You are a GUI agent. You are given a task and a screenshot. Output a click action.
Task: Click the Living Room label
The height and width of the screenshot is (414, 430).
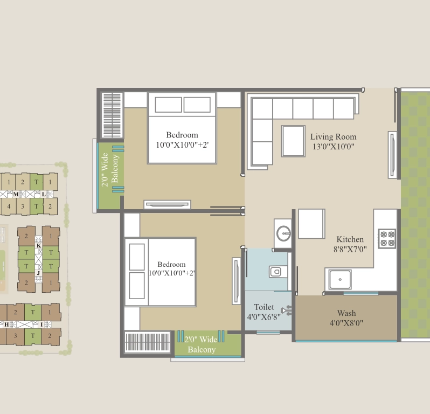pyautogui.click(x=333, y=136)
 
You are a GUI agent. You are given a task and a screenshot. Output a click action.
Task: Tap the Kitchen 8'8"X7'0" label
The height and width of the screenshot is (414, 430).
pyautogui.click(x=350, y=244)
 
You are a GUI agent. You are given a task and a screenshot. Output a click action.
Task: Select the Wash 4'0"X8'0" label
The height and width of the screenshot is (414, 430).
pyautogui.click(x=346, y=318)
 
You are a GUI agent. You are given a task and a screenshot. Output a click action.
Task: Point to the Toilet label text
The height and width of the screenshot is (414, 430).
pyautogui.click(x=264, y=307)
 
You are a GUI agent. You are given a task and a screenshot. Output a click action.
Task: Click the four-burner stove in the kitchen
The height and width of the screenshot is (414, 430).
pyautogui.click(x=387, y=238)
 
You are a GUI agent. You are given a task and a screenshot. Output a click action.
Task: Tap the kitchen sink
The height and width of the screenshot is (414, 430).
pyautogui.click(x=340, y=279)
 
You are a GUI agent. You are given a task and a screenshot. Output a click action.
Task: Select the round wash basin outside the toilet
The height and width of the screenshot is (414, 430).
pyautogui.click(x=283, y=233)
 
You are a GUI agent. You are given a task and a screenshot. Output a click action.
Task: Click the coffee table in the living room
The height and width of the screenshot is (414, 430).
pyautogui.click(x=293, y=141)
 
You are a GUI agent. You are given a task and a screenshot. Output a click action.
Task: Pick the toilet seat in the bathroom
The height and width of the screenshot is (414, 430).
pyautogui.click(x=275, y=272)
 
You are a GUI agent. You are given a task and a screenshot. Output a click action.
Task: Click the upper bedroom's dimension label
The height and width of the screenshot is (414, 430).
pyautogui.click(x=182, y=145)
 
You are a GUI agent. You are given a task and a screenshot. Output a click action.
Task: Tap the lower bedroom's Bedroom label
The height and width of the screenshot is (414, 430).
pyautogui.click(x=171, y=264)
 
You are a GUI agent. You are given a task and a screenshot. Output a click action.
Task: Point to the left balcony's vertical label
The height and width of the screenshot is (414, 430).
pyautogui.click(x=110, y=169)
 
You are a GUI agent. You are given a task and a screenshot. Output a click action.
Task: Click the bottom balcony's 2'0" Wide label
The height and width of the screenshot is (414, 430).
pyautogui.click(x=201, y=340)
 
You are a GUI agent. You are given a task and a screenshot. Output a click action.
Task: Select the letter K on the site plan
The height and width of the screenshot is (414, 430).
pyautogui.click(x=39, y=245)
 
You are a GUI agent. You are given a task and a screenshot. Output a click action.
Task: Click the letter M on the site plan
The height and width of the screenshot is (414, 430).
pyautogui.click(x=16, y=194)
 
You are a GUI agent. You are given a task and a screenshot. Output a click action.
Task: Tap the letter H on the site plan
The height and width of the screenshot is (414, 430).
pyautogui.click(x=6, y=325)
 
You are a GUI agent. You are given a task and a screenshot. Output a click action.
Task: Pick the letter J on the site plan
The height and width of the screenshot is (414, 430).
pyautogui.click(x=38, y=273)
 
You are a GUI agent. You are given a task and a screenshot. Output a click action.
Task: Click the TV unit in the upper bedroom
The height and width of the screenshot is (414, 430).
pyautogui.click(x=167, y=204)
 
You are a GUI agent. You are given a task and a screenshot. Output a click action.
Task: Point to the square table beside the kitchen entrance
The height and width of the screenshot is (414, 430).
pyautogui.click(x=311, y=224)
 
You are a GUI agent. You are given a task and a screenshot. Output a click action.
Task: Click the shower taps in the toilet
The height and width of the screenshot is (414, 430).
pyautogui.click(x=287, y=310)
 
